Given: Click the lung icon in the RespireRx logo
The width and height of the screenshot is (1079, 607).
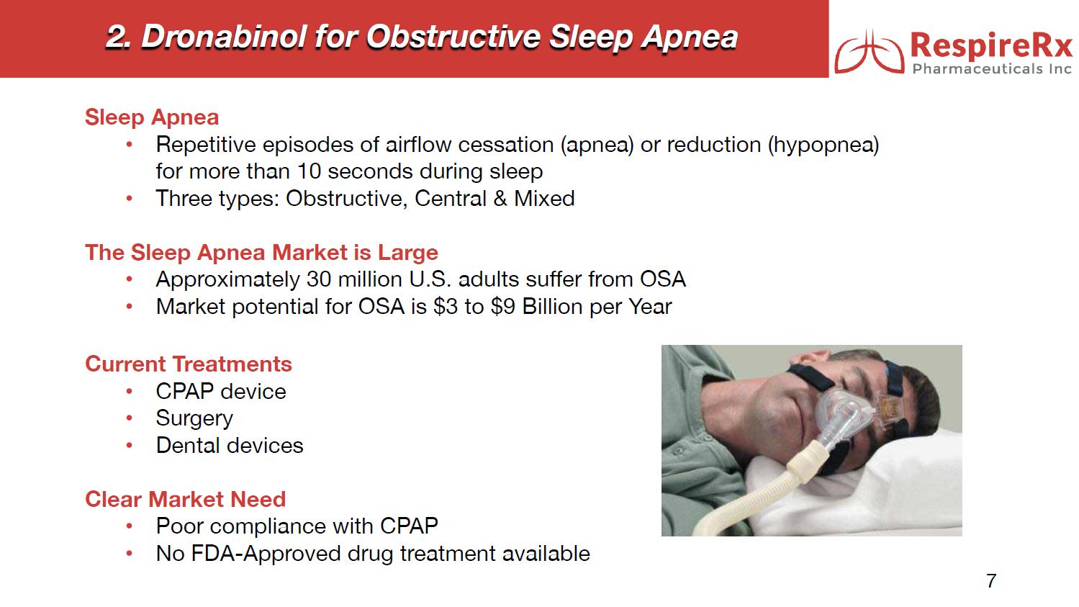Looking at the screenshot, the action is coord(869,51).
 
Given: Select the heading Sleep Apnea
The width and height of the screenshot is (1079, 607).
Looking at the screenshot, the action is coord(152,117).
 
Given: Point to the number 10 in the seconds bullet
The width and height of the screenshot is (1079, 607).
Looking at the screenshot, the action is coord(309,171).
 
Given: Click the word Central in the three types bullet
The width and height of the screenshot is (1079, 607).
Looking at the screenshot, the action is coord(451,199).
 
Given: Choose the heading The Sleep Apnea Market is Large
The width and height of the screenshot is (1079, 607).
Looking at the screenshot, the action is coord(261,253).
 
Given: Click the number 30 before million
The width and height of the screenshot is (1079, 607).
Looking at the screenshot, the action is coord(318,279).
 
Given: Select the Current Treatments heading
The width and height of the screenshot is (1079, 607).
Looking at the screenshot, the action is coord(189,364).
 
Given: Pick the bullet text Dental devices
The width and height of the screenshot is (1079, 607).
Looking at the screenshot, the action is coord(230,445).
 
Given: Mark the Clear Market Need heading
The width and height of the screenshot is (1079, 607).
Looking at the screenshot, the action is coord(186,499).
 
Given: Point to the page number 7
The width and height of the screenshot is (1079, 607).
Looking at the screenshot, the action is coord(991,580).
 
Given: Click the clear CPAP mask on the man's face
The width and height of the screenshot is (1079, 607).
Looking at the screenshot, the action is coord(848,414).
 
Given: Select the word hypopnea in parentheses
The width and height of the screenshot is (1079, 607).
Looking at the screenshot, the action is coord(823,145).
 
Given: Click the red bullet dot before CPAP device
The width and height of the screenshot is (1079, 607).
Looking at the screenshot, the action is coord(129,391).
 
